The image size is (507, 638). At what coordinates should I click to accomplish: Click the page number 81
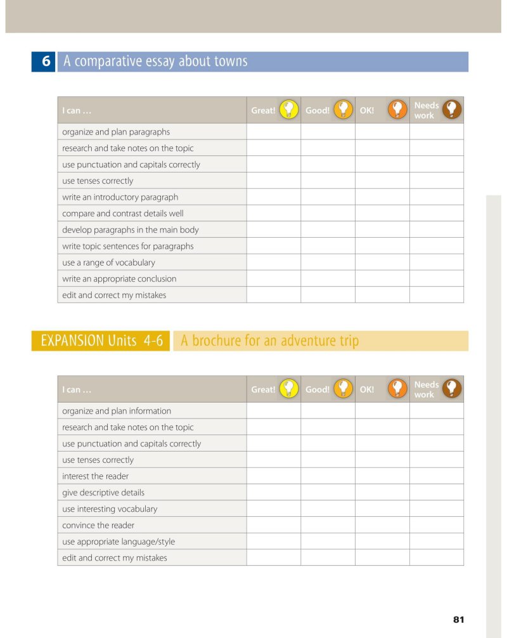(459, 620)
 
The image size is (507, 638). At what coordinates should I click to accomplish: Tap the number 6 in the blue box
(46, 62)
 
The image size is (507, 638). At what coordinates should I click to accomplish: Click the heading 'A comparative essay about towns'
(155, 62)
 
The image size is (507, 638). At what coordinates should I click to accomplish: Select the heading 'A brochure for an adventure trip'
(269, 341)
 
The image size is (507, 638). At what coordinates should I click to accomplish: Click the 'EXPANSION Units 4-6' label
(100, 341)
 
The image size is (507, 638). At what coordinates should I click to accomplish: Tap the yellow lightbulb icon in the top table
(289, 110)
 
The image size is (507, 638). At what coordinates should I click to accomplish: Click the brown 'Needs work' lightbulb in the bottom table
(452, 389)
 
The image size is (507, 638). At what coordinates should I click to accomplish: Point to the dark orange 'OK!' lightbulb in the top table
(397, 110)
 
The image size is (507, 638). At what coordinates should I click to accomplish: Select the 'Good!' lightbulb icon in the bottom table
(343, 389)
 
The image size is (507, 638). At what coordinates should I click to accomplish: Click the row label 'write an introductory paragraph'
(120, 197)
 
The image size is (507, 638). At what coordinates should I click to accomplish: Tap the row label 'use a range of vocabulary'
(108, 263)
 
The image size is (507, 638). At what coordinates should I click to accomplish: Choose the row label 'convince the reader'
(98, 525)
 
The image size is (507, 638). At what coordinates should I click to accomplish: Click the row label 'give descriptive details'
(103, 493)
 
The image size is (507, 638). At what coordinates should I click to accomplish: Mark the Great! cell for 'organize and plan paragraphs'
(273, 132)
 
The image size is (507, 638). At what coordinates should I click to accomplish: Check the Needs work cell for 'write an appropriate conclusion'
(436, 278)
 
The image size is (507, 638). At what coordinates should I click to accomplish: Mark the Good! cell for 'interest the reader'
(328, 476)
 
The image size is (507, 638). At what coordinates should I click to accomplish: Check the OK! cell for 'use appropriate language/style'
(382, 542)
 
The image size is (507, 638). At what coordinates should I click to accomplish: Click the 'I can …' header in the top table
(77, 110)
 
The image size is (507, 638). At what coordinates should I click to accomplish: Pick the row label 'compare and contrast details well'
(123, 214)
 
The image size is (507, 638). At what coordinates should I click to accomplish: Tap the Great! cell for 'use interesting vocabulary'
(273, 509)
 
